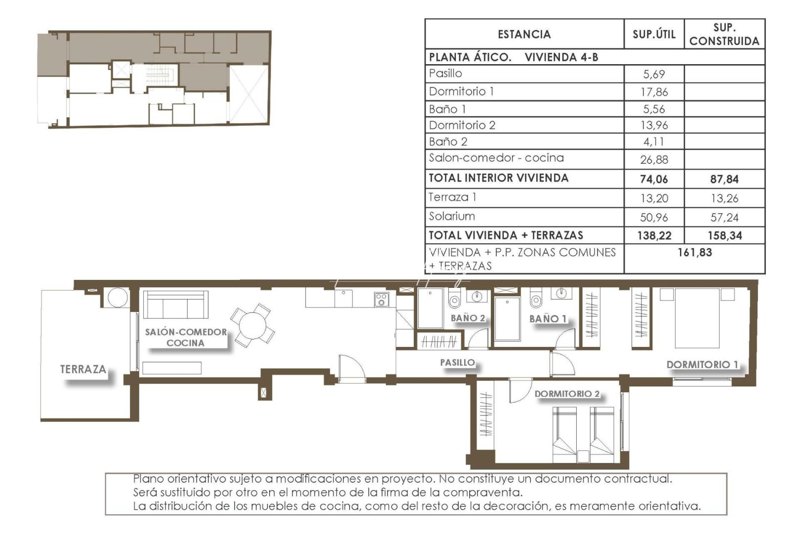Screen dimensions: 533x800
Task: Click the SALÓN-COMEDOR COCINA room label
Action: tap(186, 338)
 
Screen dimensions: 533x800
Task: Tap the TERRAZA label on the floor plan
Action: tap(83, 369)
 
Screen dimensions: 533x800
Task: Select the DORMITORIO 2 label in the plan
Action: tap(567, 394)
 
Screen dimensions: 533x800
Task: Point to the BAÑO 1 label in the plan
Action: tap(548, 319)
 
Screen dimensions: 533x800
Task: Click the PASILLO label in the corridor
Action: tap(457, 363)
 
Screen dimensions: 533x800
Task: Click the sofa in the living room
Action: tap(175, 305)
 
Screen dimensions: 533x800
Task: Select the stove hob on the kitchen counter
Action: tap(381, 299)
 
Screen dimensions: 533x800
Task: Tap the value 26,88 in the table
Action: tap(653, 159)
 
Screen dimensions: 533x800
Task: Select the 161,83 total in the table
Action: tap(694, 253)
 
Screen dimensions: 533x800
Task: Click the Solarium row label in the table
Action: tap(452, 216)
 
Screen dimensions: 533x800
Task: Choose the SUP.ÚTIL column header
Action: tap(654, 35)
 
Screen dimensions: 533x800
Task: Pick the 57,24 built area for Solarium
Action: tap(724, 217)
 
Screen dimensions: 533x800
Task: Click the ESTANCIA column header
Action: tap(524, 35)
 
